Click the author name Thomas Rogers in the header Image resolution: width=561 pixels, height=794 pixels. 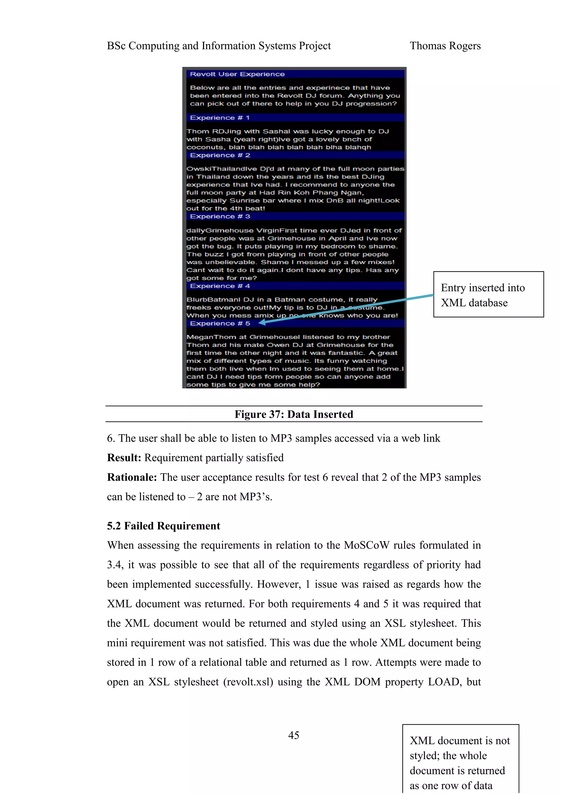point(445,46)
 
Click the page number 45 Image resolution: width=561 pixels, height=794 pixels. point(293,735)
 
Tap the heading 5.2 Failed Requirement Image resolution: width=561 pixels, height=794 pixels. point(163,526)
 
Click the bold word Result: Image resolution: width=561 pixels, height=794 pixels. point(124,458)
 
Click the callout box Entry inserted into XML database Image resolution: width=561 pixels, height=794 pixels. point(488,294)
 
